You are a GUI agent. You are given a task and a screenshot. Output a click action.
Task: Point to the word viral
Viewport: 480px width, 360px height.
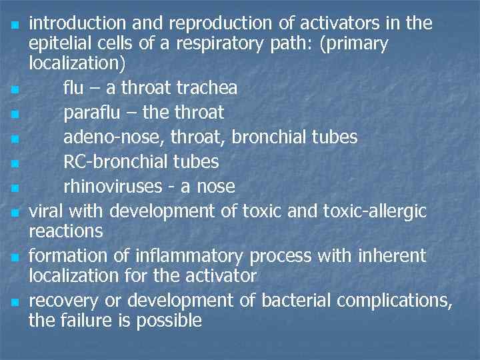47,211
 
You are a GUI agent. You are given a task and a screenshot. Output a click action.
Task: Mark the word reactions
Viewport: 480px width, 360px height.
65,231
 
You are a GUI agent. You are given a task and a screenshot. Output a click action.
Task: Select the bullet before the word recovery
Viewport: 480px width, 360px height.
15,302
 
